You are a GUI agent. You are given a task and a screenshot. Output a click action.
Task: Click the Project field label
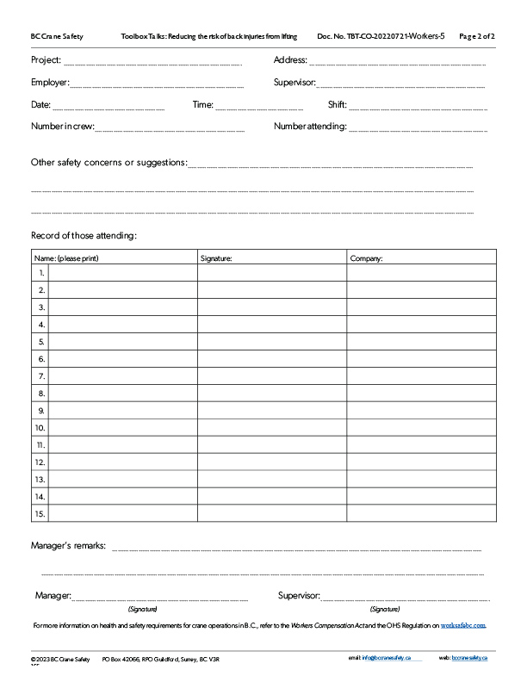(x=46, y=60)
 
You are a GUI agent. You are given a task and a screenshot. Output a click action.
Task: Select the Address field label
(x=290, y=60)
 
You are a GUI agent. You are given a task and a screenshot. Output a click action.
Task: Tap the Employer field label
(x=50, y=83)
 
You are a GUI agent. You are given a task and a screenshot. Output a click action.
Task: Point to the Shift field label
(x=337, y=105)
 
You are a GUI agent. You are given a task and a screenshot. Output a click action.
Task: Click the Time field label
(x=202, y=105)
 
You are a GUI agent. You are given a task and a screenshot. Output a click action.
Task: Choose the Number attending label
(x=310, y=127)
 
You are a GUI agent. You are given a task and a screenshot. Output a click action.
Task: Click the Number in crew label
(x=62, y=127)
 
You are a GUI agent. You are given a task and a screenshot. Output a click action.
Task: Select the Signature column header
(x=216, y=257)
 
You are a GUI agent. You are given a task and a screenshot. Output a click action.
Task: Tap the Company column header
(x=366, y=257)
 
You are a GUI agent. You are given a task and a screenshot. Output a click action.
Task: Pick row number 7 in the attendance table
(x=40, y=376)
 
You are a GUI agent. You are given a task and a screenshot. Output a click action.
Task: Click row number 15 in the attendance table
(x=40, y=514)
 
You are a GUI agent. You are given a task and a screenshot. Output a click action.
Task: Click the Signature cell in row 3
(x=272, y=307)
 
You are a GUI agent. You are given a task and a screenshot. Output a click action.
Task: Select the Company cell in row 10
(x=421, y=428)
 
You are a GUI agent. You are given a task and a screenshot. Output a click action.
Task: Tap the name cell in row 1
(x=123, y=273)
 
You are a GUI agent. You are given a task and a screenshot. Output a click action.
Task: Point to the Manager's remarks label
(x=68, y=546)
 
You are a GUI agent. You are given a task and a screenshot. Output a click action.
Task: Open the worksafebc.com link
(x=463, y=625)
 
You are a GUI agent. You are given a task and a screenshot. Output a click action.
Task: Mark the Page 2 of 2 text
(x=477, y=37)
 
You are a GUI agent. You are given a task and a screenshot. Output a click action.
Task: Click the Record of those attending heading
(x=84, y=236)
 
